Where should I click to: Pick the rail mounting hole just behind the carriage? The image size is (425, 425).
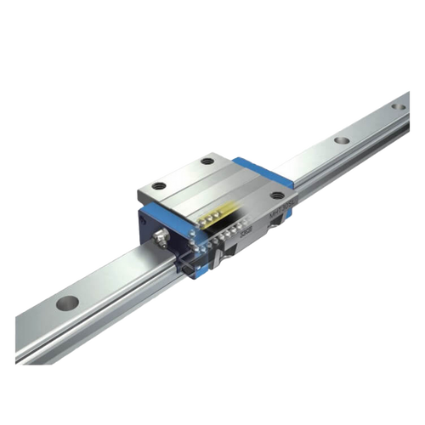pyautogui.click(x=341, y=140)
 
